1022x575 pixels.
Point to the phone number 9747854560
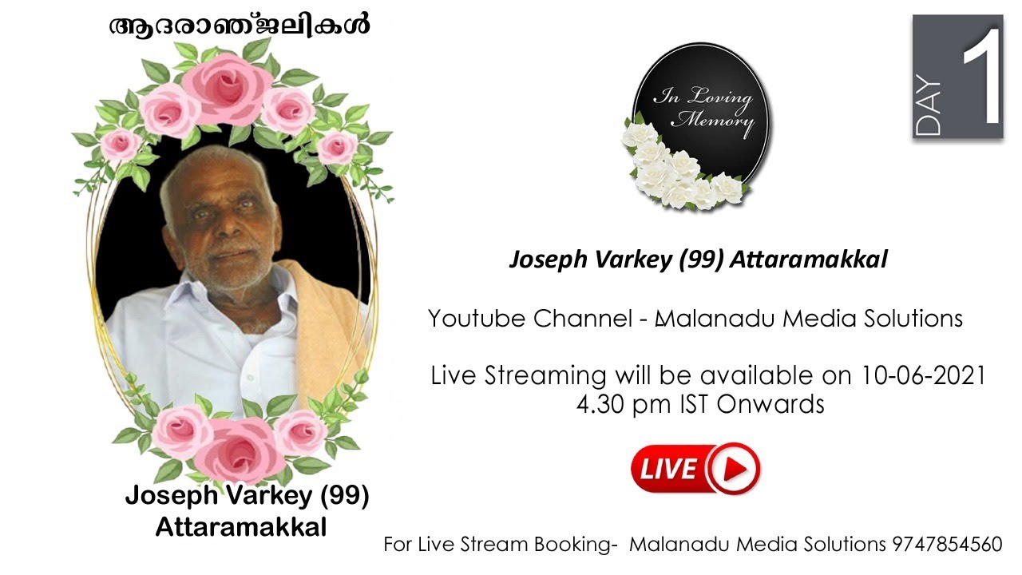click(x=947, y=545)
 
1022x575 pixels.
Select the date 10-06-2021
click(x=924, y=375)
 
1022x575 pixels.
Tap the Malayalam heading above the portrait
click(x=240, y=26)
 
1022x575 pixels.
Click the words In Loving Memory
click(x=703, y=110)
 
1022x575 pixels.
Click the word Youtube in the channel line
click(x=477, y=319)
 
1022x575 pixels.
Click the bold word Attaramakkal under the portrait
click(x=240, y=527)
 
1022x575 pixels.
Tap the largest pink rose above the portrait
click(x=226, y=86)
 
